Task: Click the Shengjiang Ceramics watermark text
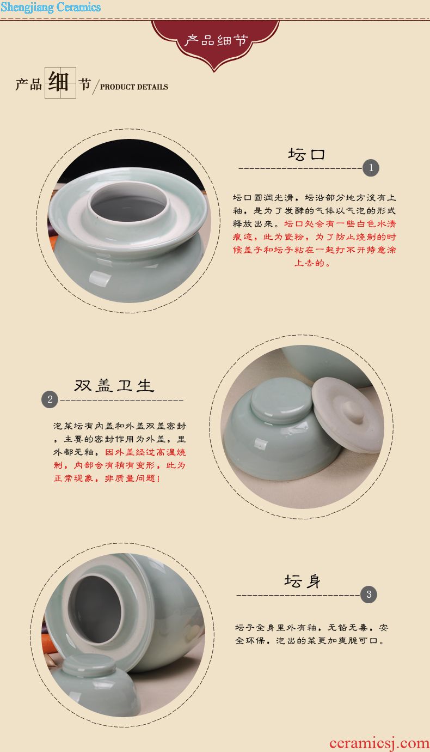tap(51, 7)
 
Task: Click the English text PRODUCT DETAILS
tap(134, 87)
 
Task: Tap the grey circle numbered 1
tap(371, 168)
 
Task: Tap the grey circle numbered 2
tap(50, 399)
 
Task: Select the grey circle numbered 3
tap(368, 595)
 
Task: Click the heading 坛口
tap(306, 154)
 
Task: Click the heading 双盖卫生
tap(114, 386)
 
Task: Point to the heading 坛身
tap(302, 581)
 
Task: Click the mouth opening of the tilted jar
tap(96, 609)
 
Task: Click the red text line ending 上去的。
tap(312, 263)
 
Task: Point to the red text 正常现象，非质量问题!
tap(107, 478)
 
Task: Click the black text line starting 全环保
tap(310, 640)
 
